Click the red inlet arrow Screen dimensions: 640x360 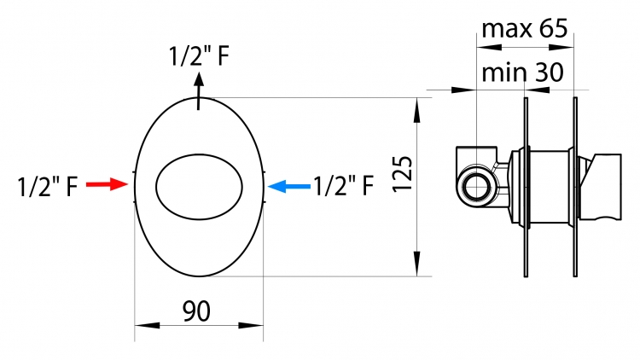pyautogui.click(x=107, y=184)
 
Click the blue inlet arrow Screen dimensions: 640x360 pyautogui.click(x=289, y=187)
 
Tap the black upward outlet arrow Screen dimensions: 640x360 pyautogui.click(x=199, y=91)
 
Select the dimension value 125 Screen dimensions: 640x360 pyautogui.click(x=403, y=173)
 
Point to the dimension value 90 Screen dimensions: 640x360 pyautogui.click(x=196, y=311)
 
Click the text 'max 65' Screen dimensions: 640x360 pyautogui.click(x=525, y=28)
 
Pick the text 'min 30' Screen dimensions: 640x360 pyautogui.click(x=522, y=73)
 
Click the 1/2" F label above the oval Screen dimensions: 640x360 pyautogui.click(x=199, y=56)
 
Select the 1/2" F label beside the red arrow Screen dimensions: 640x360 pyautogui.click(x=48, y=187)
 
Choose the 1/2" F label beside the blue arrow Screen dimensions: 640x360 pyautogui.click(x=343, y=186)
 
